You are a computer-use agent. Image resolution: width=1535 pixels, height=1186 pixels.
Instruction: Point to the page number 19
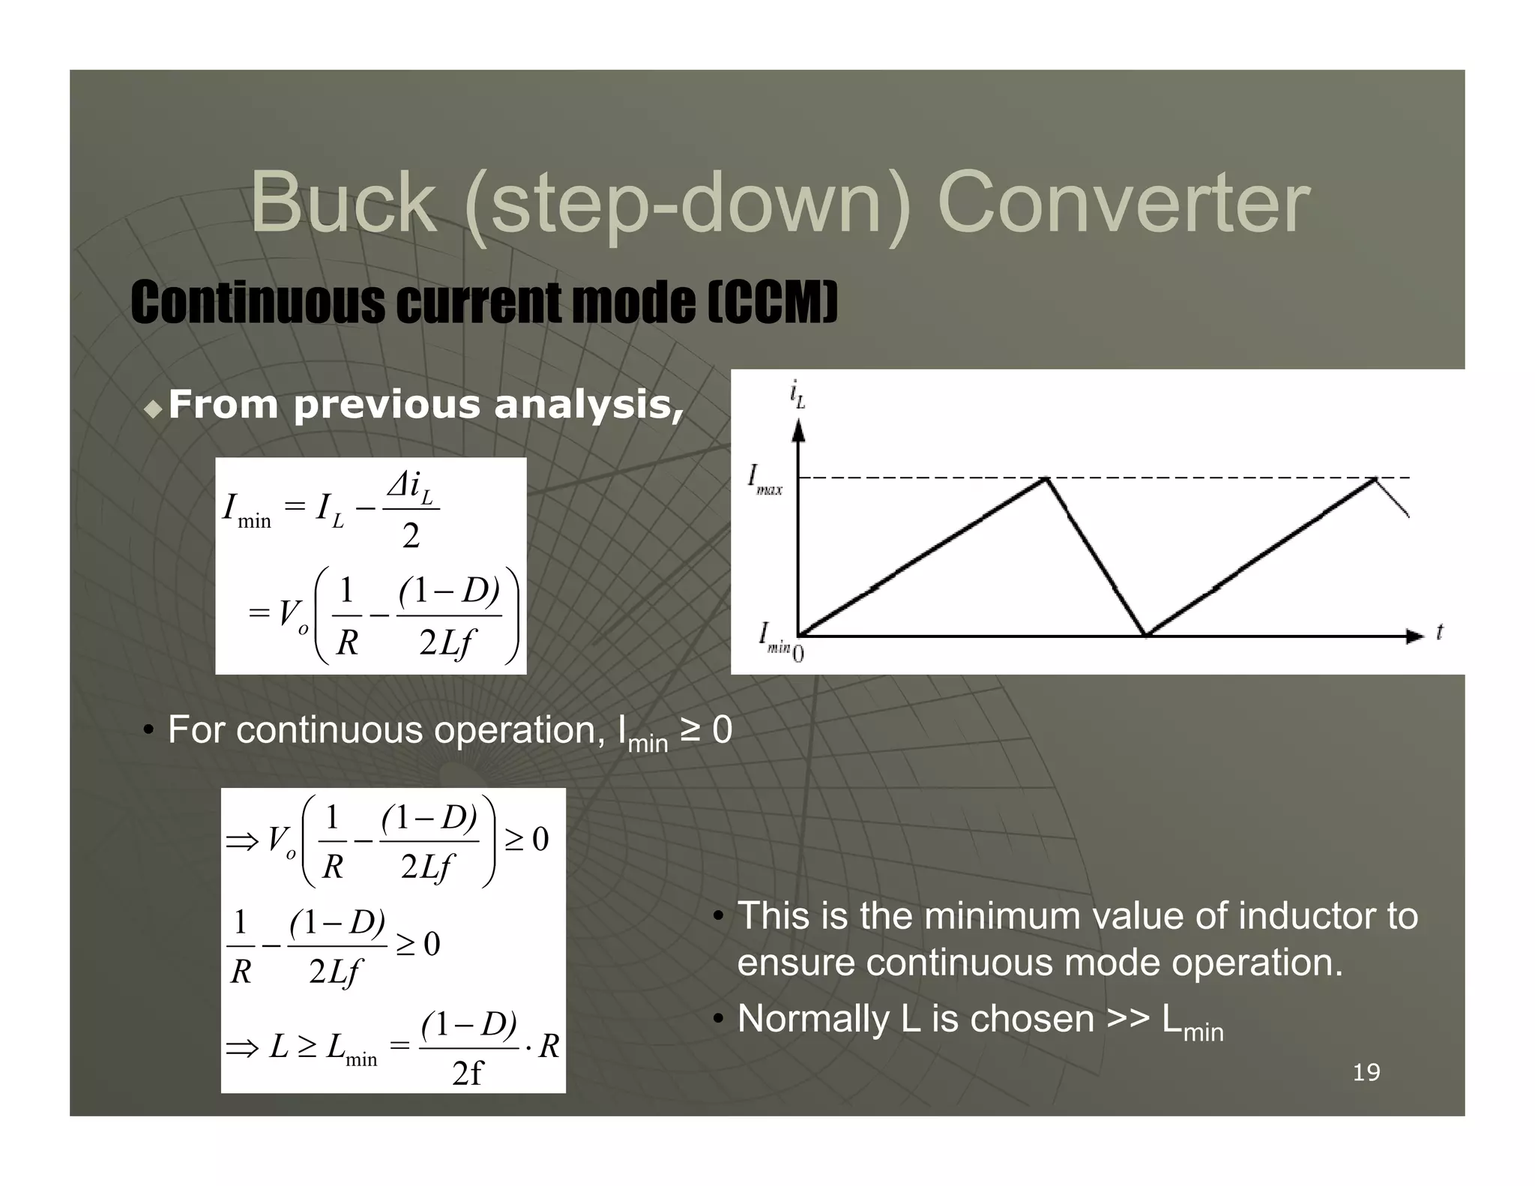(1366, 1072)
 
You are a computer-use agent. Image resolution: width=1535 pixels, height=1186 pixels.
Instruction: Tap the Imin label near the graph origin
(773, 637)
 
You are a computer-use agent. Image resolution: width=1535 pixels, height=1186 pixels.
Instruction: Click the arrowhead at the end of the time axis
(1414, 636)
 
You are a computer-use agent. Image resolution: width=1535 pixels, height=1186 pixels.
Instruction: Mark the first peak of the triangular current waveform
(1046, 478)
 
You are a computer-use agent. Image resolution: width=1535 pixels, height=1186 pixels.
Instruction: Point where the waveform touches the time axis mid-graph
(1146, 636)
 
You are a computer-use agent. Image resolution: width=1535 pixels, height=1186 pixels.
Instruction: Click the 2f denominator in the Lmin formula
(468, 1074)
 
